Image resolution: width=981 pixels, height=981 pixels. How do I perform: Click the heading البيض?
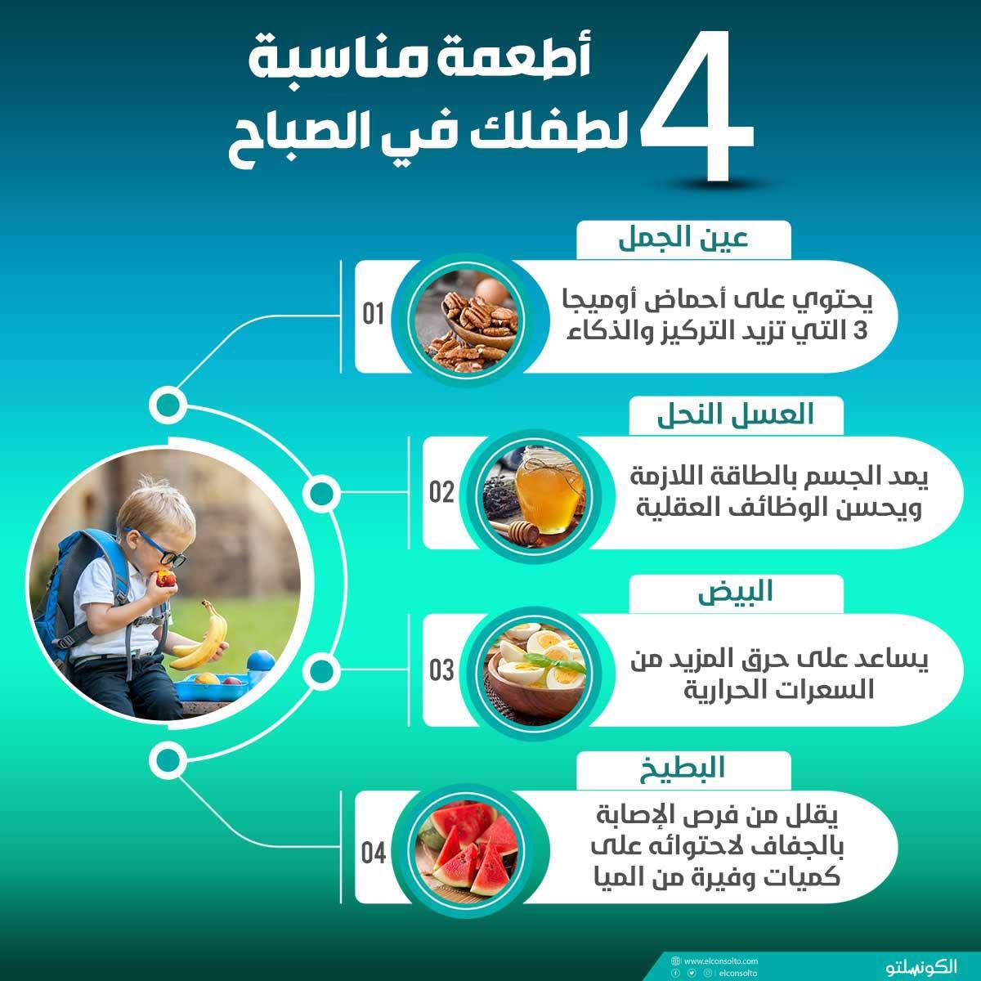coord(735,592)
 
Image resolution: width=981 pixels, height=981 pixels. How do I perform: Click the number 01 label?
coord(373,314)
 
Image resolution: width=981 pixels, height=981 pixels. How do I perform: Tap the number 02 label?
coord(441,492)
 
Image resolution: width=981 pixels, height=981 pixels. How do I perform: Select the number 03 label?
coord(441,670)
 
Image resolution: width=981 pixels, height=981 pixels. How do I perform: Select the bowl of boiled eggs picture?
coord(534,671)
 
